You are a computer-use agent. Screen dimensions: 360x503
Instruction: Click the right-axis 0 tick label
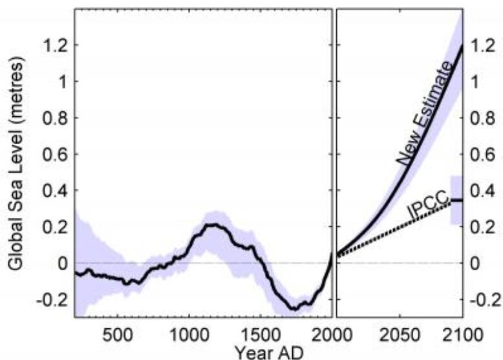pyautogui.click(x=476, y=264)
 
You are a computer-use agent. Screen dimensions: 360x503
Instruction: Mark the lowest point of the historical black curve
pyautogui.click(x=295, y=309)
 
